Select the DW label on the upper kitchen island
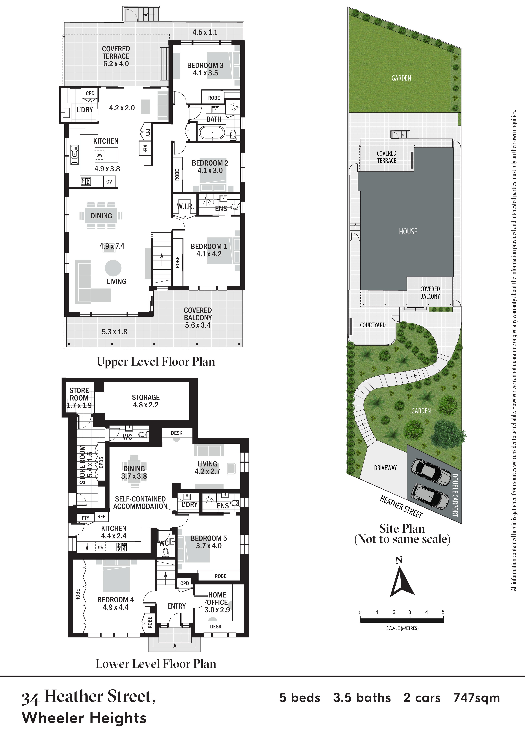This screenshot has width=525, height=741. coord(99,155)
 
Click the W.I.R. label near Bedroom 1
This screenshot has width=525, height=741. coord(185,206)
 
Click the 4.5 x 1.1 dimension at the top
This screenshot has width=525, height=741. coord(205,32)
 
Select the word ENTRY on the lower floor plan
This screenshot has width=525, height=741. coord(177,606)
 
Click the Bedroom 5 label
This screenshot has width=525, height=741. coord(209,538)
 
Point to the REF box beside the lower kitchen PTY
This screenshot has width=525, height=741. coord(101,517)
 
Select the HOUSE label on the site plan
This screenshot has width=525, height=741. coord(408,231)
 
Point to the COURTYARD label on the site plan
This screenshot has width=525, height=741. coord(373,325)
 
